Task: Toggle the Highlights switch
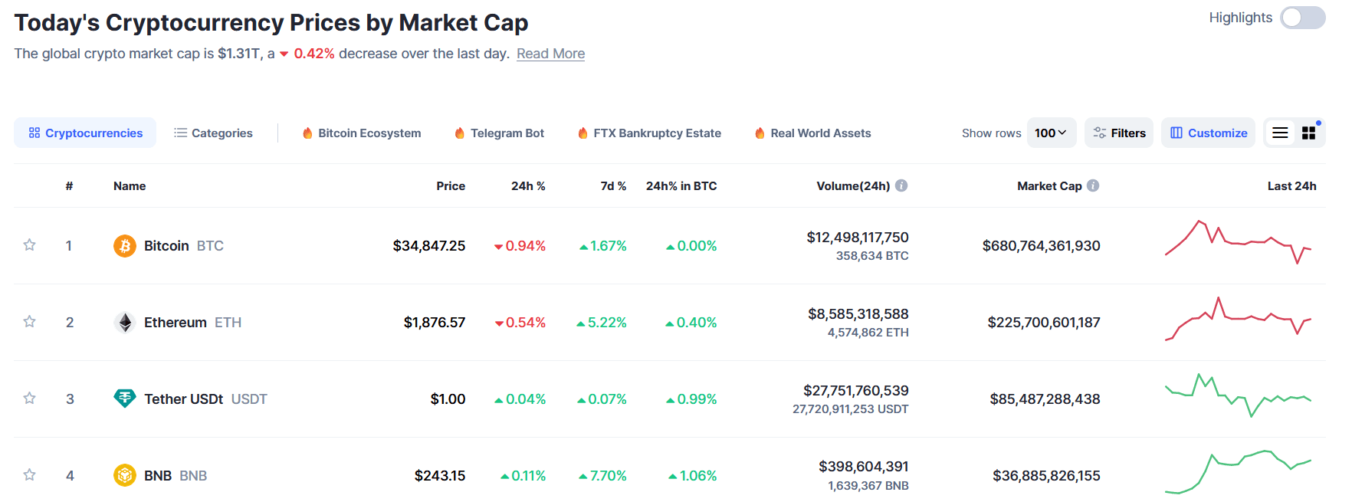[x=1302, y=18]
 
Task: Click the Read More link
[x=550, y=54]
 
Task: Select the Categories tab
[x=213, y=133]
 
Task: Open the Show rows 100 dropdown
[x=1051, y=133]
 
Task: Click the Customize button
[x=1208, y=133]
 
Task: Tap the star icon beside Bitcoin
[x=30, y=245]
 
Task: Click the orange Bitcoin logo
[x=125, y=246]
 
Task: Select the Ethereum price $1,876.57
[x=434, y=323]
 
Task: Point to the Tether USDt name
[x=183, y=399]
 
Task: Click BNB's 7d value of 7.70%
[x=603, y=476]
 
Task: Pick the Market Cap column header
[x=1048, y=186]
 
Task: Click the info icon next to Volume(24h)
[x=901, y=185]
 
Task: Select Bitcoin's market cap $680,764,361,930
[x=1041, y=246]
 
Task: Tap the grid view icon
[x=1308, y=133]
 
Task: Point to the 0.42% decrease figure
[x=313, y=54]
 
